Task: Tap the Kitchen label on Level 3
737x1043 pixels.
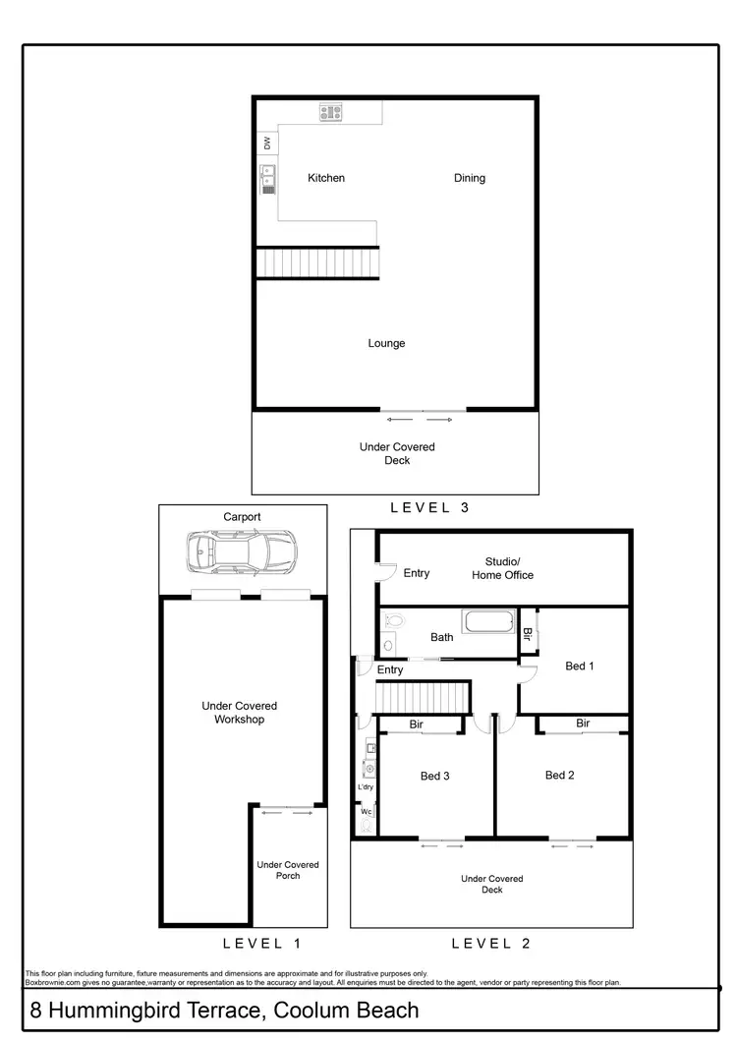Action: click(x=326, y=178)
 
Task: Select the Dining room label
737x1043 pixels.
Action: click(x=470, y=178)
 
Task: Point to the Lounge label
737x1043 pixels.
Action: click(x=386, y=343)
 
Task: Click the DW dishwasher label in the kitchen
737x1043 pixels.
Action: click(x=266, y=144)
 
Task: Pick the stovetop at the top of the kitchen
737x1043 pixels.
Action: click(x=329, y=113)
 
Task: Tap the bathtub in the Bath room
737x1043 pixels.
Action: click(x=488, y=623)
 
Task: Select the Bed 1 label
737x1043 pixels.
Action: click(x=580, y=666)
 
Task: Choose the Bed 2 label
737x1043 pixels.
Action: click(x=559, y=775)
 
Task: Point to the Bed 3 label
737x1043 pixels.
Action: click(x=434, y=776)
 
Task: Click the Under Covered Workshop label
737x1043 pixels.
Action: click(x=240, y=713)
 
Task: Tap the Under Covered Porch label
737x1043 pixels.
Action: click(x=288, y=870)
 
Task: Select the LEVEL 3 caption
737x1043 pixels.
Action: click(x=430, y=508)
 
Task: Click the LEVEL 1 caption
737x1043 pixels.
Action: click(x=261, y=944)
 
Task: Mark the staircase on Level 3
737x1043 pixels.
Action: click(x=317, y=262)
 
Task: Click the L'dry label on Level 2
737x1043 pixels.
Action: click(x=366, y=787)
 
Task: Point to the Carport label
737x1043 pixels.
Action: click(x=242, y=517)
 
